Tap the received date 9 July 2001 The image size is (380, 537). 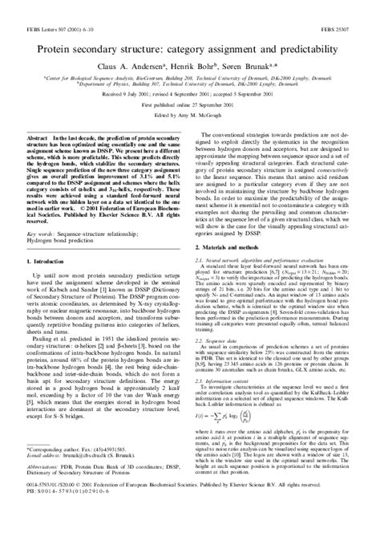pyautogui.click(x=147, y=115)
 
